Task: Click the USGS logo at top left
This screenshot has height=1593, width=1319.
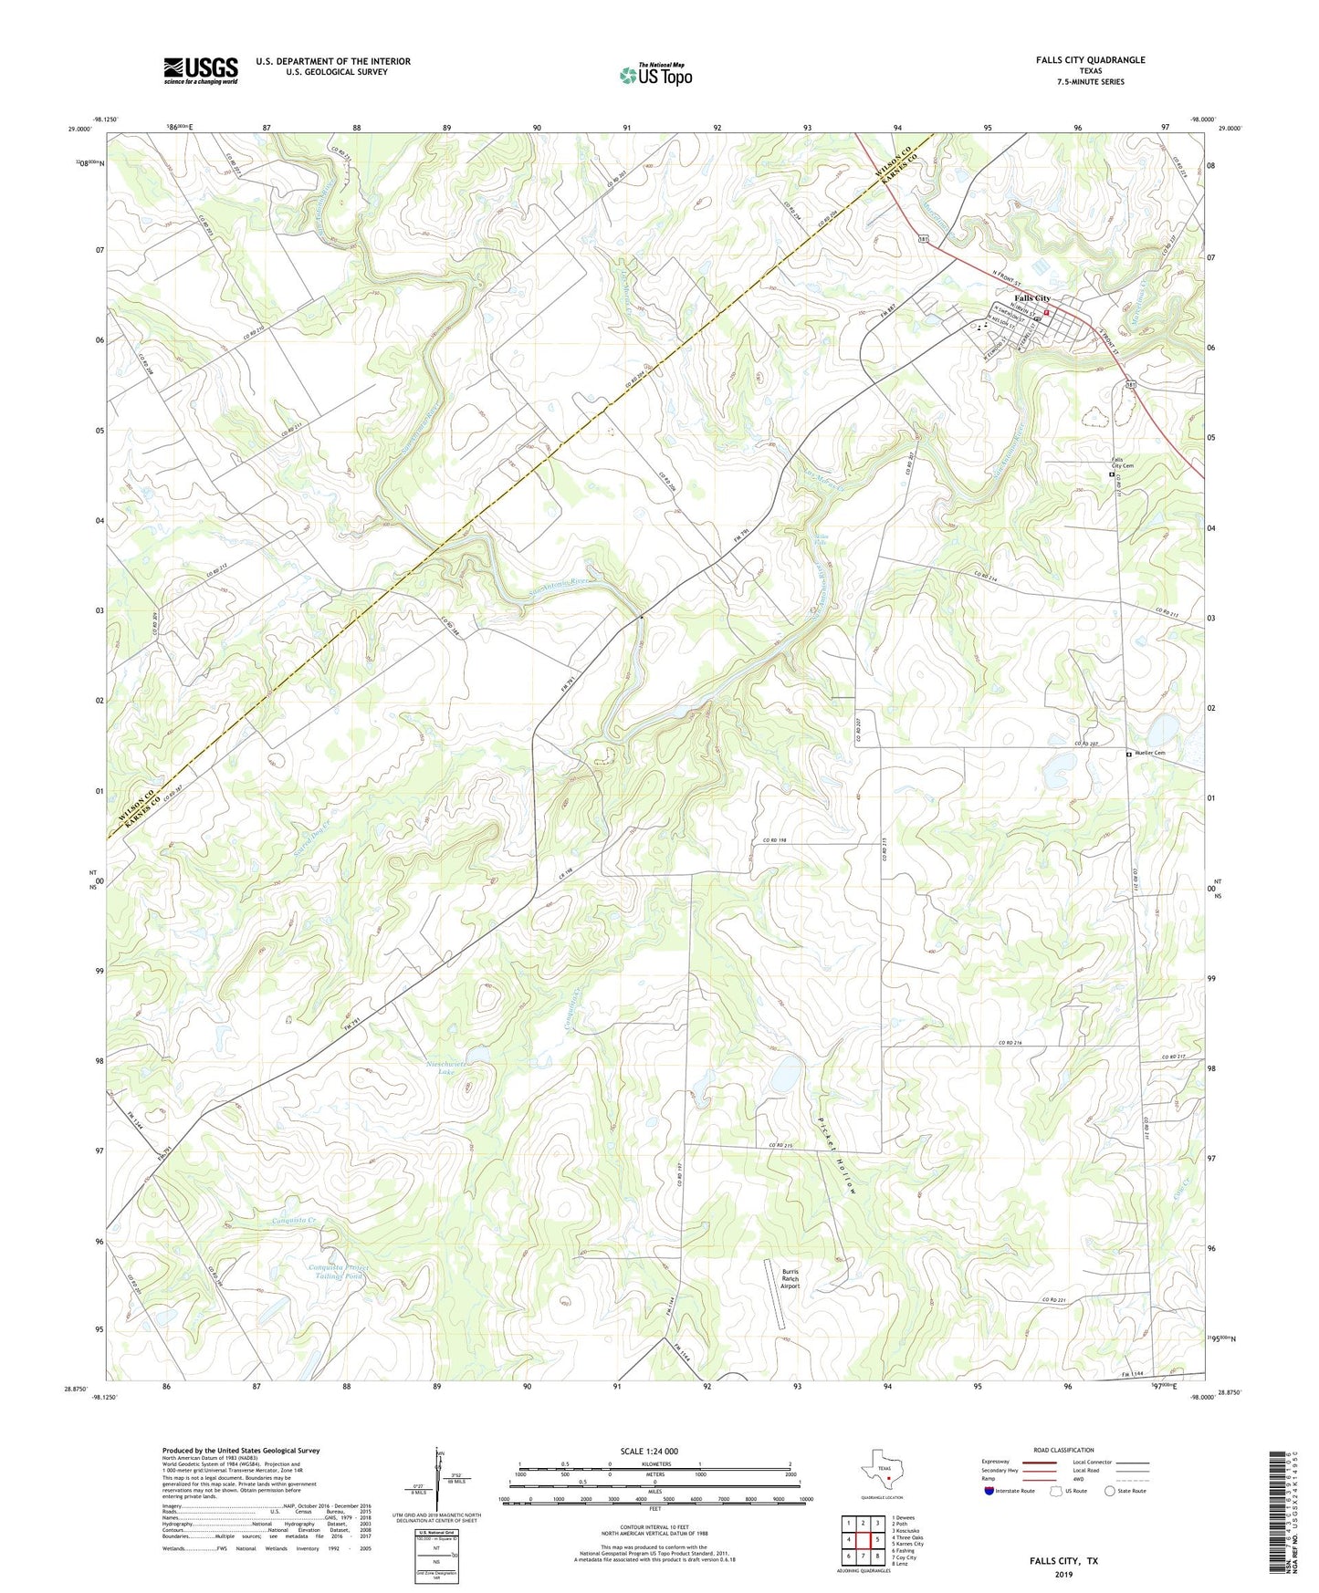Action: coord(201,70)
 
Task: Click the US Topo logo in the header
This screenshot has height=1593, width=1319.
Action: coord(655,75)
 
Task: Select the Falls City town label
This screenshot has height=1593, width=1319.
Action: coord(1031,298)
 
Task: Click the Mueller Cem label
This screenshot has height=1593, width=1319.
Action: coord(1150,754)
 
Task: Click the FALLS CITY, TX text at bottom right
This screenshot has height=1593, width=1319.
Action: coord(1063,1561)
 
